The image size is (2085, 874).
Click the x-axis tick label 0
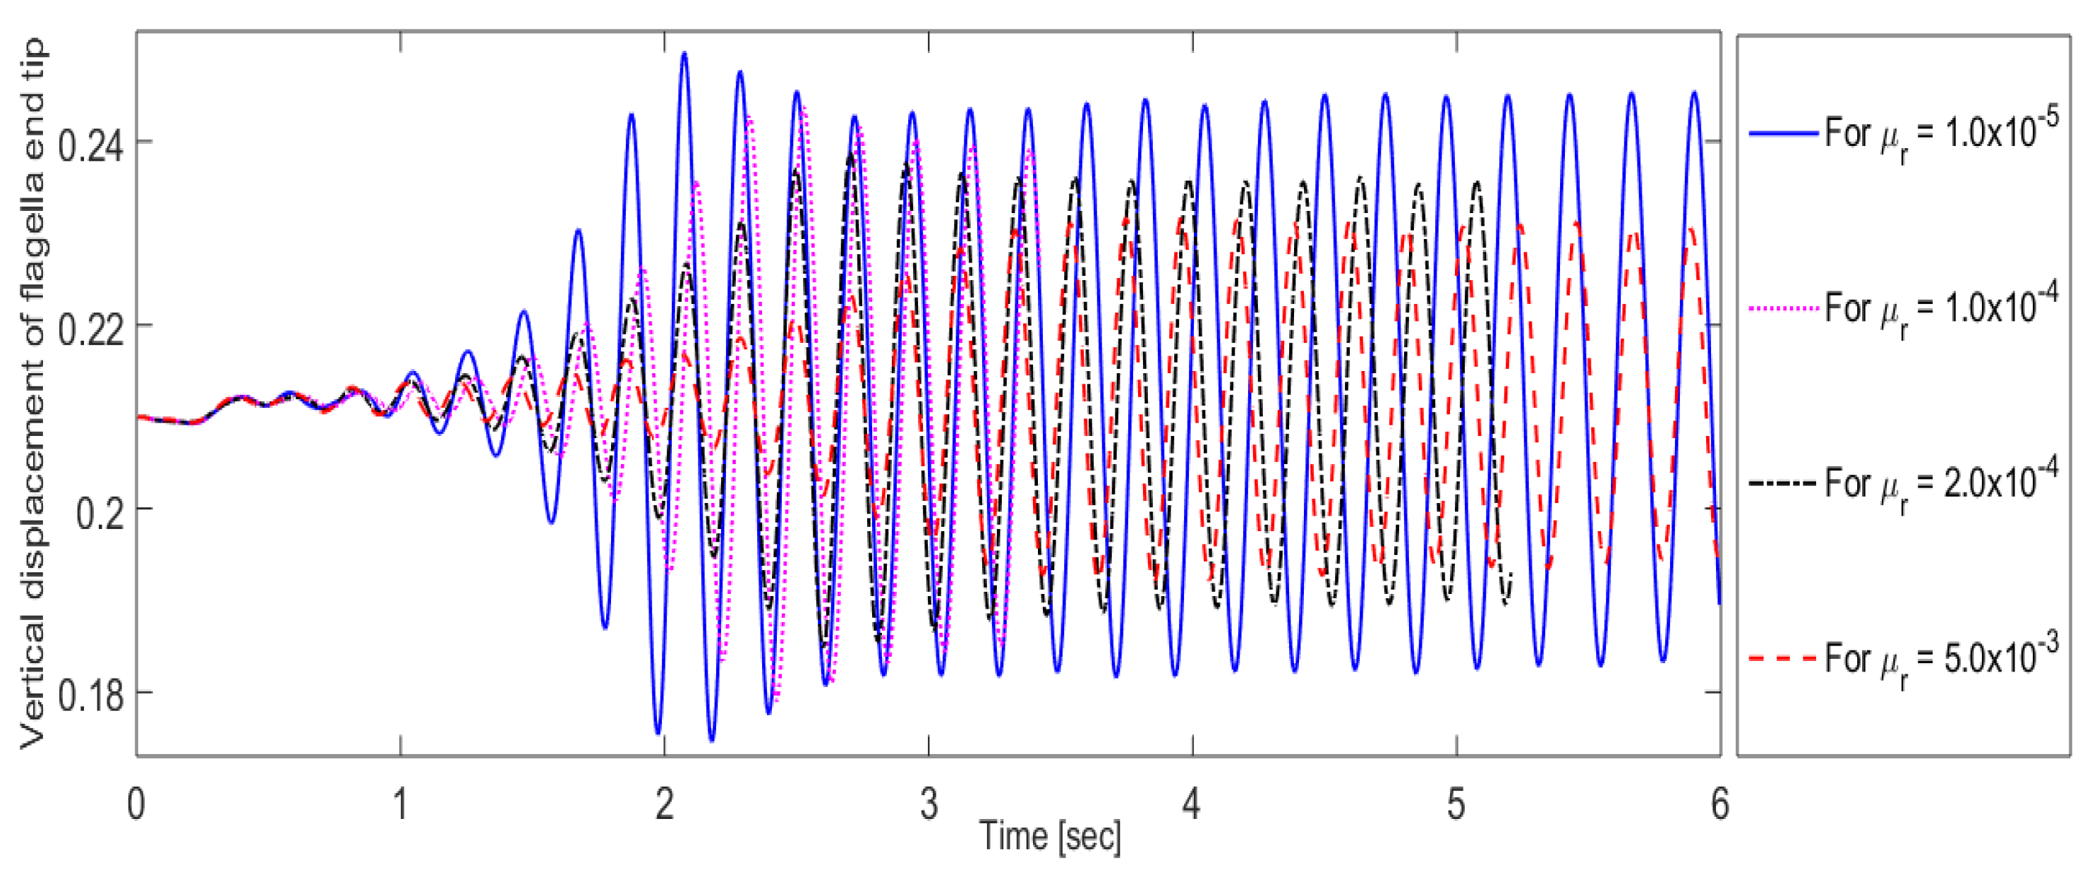[136, 804]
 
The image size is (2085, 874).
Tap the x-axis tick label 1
[400, 804]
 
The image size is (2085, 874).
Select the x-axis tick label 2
[664, 804]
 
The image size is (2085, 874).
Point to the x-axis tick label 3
[929, 804]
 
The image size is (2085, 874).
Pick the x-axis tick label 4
[1192, 804]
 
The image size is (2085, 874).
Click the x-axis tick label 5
[1456, 804]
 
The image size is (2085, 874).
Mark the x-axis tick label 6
[1719, 804]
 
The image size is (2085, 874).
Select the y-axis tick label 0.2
[100, 513]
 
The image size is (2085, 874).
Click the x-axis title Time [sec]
[1050, 836]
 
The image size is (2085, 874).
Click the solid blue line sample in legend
[1782, 133]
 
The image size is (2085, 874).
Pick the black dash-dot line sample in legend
[1782, 483]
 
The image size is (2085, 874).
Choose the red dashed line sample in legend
[1782, 659]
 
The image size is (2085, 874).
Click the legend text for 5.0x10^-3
[1941, 659]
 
